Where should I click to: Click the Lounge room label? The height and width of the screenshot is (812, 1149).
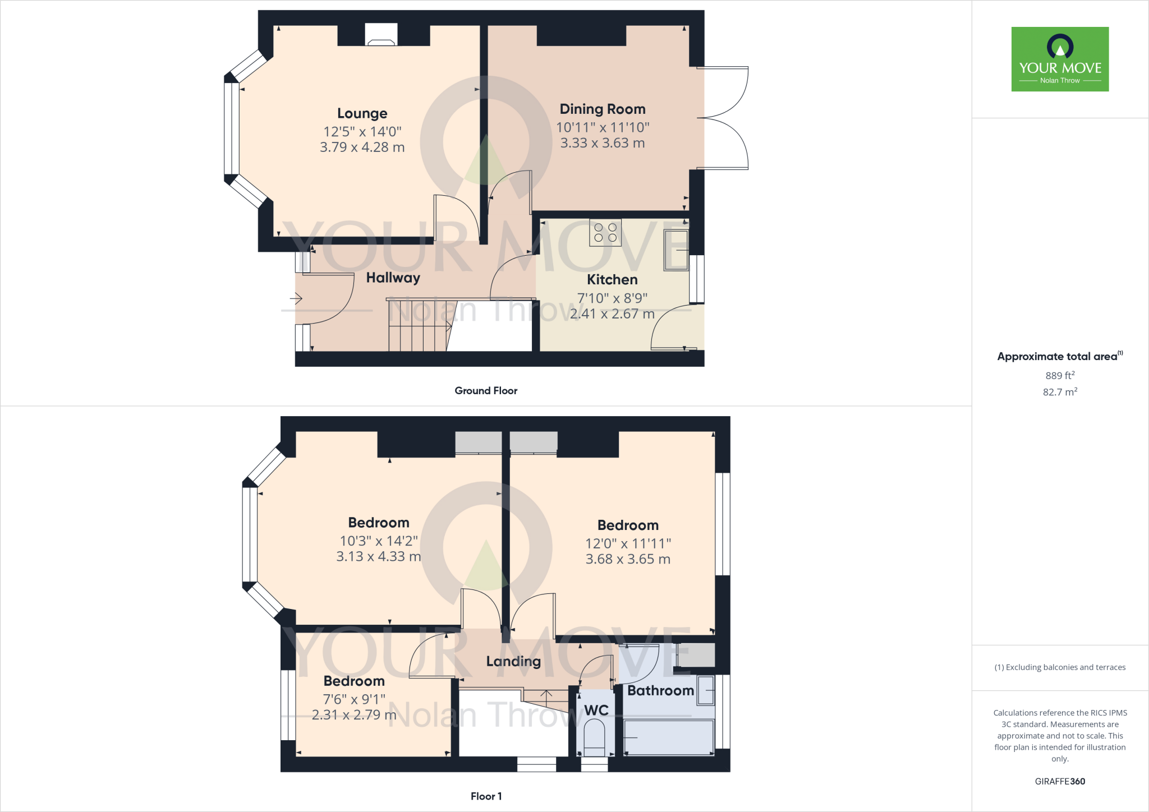(x=362, y=113)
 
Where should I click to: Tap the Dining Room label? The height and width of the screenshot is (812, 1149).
(x=603, y=109)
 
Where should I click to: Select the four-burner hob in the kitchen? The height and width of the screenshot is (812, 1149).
(x=605, y=233)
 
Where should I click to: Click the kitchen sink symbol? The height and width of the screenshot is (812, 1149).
(x=676, y=250)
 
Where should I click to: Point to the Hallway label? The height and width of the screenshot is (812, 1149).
(x=393, y=278)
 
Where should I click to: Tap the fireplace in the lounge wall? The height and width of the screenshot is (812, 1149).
(x=381, y=35)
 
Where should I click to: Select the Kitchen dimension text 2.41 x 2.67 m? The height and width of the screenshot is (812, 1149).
(x=612, y=314)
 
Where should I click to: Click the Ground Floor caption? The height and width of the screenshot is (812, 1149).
(x=486, y=391)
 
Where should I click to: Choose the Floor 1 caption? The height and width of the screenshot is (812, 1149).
(x=486, y=796)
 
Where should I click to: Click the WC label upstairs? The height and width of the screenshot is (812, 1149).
(x=596, y=710)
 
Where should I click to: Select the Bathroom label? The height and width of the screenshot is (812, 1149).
(x=660, y=690)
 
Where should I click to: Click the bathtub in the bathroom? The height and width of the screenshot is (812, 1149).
(x=668, y=737)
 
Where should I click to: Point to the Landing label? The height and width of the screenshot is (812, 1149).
(x=513, y=661)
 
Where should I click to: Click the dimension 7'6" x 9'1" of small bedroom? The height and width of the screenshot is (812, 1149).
(x=354, y=699)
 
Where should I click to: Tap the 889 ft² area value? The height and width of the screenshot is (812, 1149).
(x=1060, y=376)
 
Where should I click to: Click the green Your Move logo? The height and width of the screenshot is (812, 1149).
(x=1060, y=59)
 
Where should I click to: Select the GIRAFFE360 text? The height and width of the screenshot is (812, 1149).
(x=1060, y=781)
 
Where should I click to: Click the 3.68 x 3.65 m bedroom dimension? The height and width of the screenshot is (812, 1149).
(x=628, y=559)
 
